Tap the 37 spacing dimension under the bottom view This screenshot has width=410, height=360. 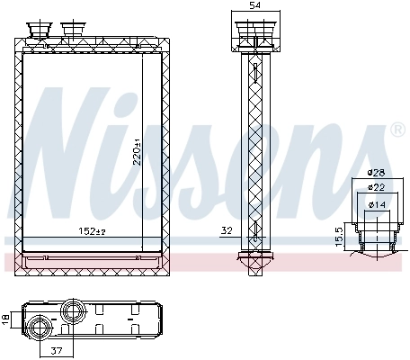(x=57, y=352)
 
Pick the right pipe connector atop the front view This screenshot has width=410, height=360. (x=72, y=32)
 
